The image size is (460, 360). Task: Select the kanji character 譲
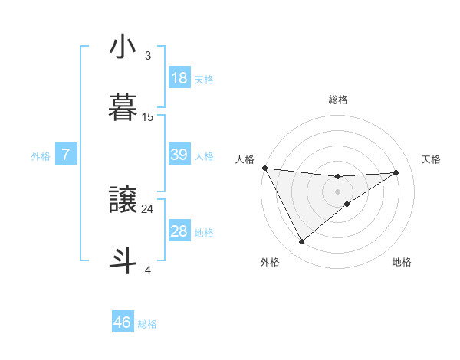(123, 200)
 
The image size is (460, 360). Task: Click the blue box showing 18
(179, 78)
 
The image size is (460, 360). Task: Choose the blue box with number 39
(179, 155)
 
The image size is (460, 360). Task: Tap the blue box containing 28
(179, 231)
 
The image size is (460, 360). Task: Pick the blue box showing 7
(66, 155)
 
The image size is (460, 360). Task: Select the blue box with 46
(123, 322)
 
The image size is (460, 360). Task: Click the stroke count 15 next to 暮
(148, 117)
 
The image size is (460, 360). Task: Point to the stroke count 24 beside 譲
(148, 208)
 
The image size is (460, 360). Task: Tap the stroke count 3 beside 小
(148, 56)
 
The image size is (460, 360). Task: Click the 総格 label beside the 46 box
(147, 324)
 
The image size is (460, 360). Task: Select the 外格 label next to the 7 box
(41, 156)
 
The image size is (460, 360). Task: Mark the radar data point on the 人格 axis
(264, 168)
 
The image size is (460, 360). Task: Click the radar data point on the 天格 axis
(396, 172)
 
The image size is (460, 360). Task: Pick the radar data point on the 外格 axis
(301, 242)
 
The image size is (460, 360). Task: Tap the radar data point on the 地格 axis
(347, 204)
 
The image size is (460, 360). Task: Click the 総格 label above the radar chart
(338, 100)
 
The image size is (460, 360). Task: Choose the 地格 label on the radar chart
(402, 262)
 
